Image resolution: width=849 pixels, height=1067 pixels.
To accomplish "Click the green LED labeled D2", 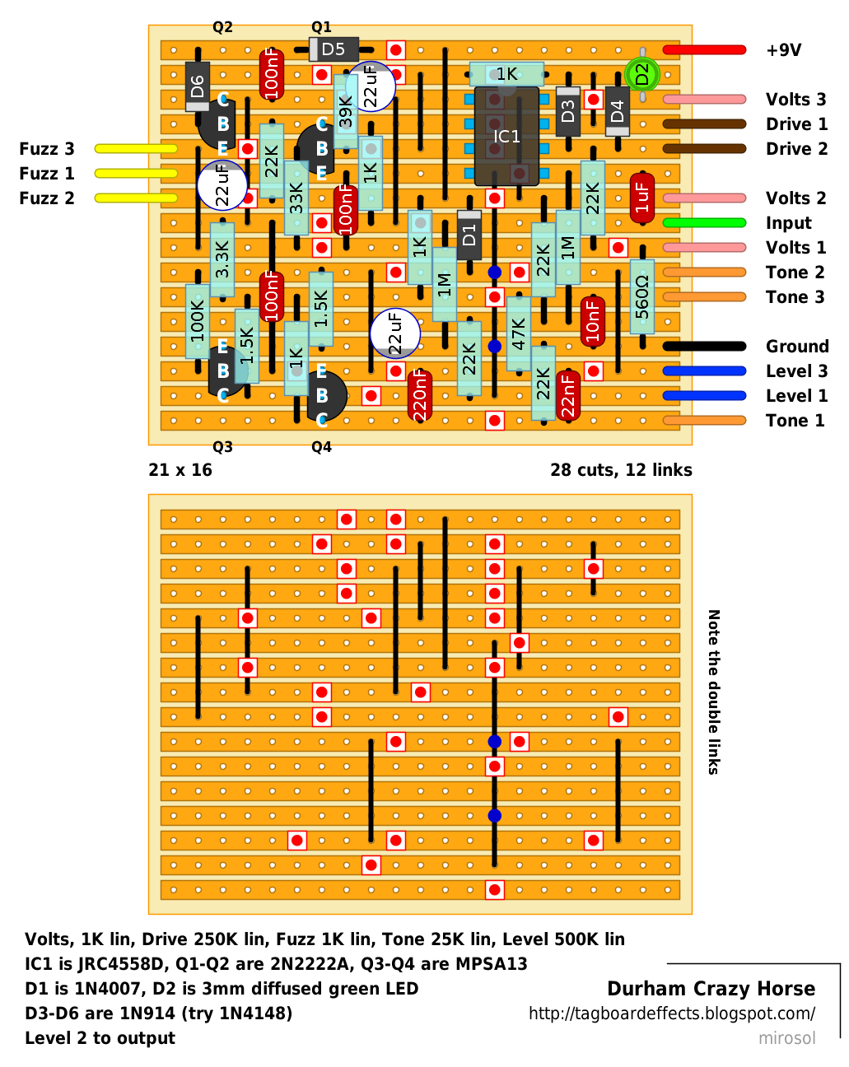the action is (x=641, y=74).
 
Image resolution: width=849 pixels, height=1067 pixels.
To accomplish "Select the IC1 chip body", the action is (x=506, y=137).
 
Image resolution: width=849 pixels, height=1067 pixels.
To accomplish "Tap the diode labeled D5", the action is (x=334, y=49).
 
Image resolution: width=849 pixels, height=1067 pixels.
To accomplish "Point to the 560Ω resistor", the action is (x=641, y=296).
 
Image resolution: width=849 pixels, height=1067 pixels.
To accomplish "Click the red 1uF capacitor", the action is (x=641, y=198).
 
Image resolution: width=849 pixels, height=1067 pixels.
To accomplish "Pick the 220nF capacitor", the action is (x=419, y=396).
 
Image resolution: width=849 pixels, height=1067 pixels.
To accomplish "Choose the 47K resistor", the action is (x=518, y=333).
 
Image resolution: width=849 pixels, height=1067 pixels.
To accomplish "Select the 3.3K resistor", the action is (x=222, y=259).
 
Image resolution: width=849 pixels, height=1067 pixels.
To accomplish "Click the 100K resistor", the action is (x=198, y=321).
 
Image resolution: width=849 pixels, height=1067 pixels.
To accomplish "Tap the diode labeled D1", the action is (x=469, y=235).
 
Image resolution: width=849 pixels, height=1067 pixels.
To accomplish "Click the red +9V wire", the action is (x=704, y=49).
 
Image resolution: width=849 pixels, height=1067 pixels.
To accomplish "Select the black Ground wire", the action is (x=704, y=346).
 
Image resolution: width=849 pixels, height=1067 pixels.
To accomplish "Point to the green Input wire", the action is (x=704, y=222).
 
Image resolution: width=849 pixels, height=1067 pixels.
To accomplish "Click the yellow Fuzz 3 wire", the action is (x=136, y=148).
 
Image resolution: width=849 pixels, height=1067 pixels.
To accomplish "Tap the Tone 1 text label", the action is (x=795, y=421).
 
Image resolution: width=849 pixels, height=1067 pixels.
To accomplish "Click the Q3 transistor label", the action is (x=222, y=447).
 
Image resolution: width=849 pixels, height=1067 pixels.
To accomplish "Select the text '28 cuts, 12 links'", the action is (x=621, y=469).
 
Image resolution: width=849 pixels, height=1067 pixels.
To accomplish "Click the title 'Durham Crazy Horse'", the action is (x=711, y=989).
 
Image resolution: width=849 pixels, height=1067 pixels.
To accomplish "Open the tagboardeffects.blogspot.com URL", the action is (x=671, y=1013).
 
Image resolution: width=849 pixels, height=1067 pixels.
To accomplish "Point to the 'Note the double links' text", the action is (x=713, y=692).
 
